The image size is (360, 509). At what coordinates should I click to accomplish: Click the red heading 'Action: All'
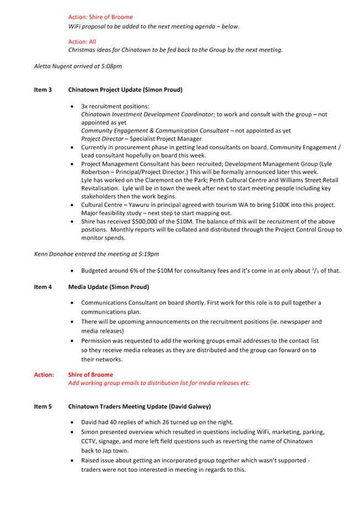(82, 41)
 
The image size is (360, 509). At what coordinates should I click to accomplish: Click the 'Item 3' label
(43, 89)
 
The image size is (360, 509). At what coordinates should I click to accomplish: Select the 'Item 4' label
(43, 287)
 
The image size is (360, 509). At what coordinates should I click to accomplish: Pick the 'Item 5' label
(43, 406)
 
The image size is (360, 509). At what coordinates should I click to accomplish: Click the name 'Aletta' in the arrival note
(43, 66)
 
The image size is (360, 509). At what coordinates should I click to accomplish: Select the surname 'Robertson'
(98, 172)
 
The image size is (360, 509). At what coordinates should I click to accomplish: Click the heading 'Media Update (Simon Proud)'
(109, 287)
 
